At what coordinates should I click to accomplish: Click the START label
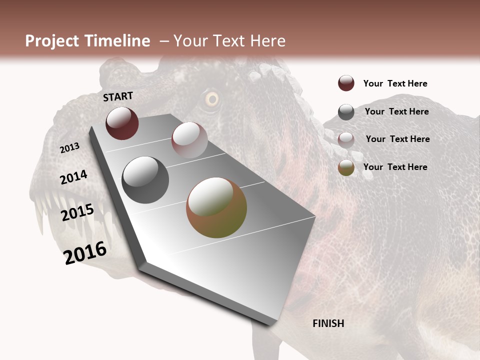(x=118, y=96)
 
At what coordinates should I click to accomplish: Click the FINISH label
(x=328, y=323)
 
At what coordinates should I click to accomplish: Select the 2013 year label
(x=69, y=147)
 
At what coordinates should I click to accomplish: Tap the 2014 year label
(x=73, y=177)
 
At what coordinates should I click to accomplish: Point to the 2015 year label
(x=77, y=212)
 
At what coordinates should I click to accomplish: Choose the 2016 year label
(x=85, y=252)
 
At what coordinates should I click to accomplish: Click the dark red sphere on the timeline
(x=122, y=123)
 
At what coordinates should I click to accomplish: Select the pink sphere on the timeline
(x=189, y=140)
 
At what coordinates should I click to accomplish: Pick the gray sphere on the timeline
(x=145, y=180)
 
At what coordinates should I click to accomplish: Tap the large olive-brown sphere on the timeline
(x=216, y=207)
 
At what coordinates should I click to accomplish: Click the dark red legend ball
(x=346, y=83)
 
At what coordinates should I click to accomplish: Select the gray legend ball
(x=346, y=112)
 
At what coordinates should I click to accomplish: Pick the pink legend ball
(x=346, y=139)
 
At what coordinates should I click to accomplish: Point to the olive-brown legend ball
(x=346, y=167)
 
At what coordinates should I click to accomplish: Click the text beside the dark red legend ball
(x=395, y=83)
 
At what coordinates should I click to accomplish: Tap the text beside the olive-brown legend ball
(x=395, y=167)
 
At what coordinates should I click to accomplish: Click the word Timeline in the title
(x=117, y=41)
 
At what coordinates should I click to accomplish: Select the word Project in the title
(x=51, y=41)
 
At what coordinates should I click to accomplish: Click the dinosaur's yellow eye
(x=212, y=99)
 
